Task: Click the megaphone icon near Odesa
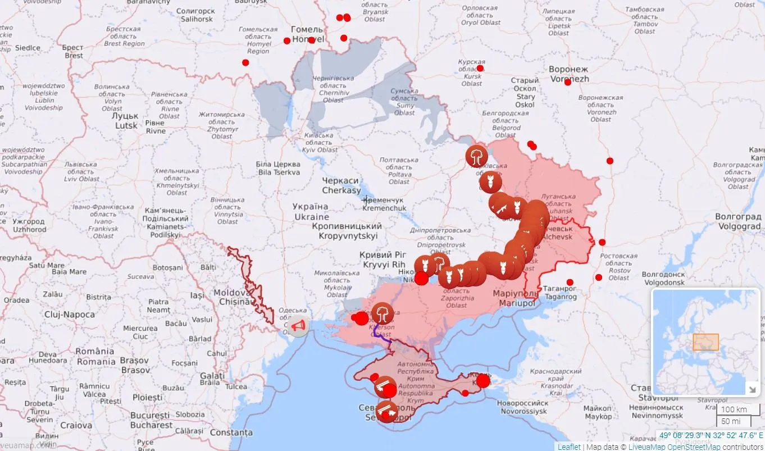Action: point(299,325)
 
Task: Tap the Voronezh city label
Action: point(568,74)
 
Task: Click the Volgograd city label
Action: point(737,221)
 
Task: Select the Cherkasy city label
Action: point(341,185)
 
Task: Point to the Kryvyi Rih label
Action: point(384,259)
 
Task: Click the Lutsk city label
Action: point(126,120)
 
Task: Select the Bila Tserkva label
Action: point(278,168)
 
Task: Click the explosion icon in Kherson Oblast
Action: point(382,313)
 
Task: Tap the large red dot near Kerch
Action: point(483,381)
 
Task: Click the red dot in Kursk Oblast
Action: point(480,69)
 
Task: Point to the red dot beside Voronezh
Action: point(567,83)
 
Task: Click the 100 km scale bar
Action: point(734,409)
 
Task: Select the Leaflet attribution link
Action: point(569,447)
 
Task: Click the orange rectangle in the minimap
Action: point(705,342)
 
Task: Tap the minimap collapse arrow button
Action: point(751,388)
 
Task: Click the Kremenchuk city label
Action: point(384,204)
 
